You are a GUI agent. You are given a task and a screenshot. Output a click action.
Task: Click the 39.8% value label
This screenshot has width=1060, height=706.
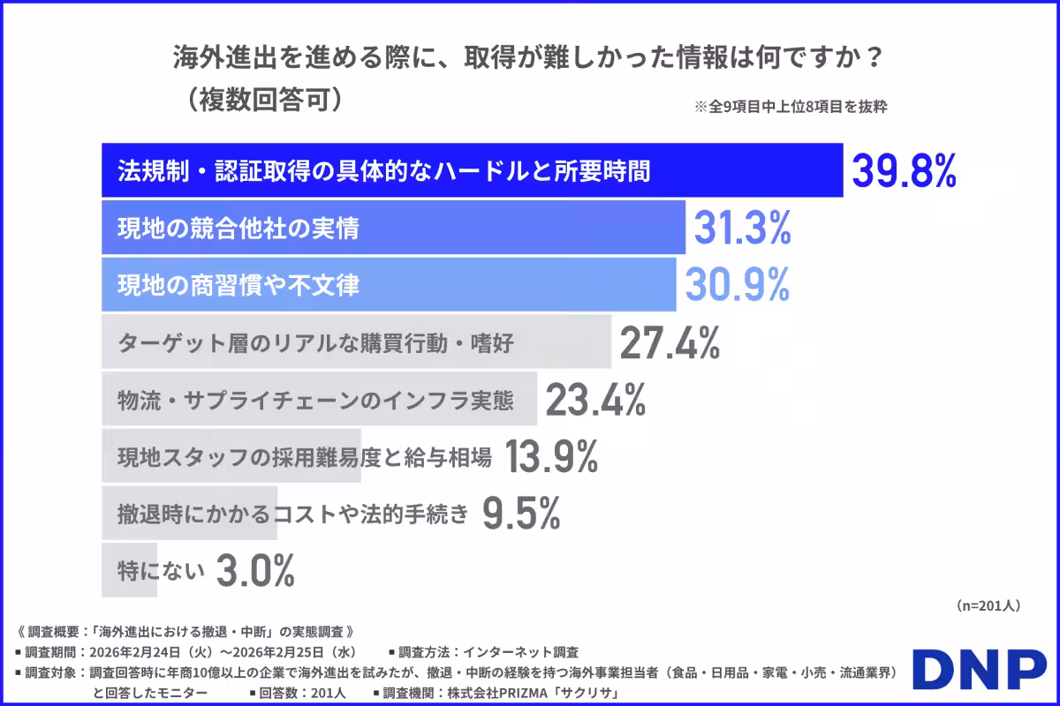click(x=904, y=171)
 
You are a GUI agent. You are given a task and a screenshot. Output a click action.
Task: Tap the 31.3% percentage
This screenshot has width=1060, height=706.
click(x=742, y=229)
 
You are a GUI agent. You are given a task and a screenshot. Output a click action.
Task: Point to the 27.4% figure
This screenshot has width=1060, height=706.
click(x=670, y=342)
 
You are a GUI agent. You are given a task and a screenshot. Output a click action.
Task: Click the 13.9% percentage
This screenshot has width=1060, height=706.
click(x=552, y=457)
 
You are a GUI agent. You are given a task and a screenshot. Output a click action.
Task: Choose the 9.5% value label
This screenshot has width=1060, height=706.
click(x=521, y=514)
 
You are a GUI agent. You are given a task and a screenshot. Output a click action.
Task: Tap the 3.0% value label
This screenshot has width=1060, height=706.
click(x=255, y=571)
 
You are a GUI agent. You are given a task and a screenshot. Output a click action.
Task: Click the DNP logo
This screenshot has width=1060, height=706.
click(x=979, y=672)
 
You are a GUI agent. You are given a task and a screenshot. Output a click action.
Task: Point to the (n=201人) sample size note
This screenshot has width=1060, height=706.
click(x=988, y=606)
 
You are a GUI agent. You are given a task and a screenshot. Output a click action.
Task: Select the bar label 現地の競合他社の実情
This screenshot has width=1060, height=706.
click(x=238, y=229)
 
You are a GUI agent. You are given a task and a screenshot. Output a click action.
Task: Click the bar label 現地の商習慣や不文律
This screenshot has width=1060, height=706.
click(x=238, y=285)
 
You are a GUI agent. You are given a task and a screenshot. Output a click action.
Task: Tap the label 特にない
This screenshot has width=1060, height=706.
click(x=162, y=571)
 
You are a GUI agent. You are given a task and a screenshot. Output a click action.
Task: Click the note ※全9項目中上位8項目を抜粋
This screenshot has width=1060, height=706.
click(x=791, y=108)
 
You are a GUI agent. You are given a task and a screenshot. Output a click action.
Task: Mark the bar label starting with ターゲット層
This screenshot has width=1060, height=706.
click(x=315, y=342)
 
